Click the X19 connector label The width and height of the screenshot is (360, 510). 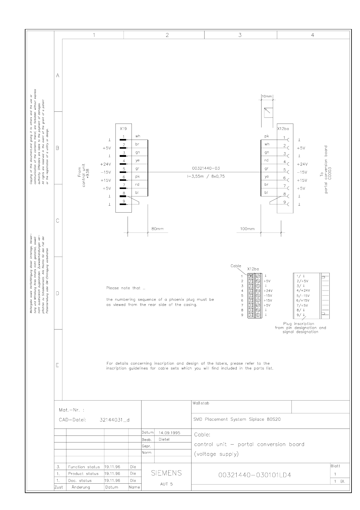point(123,128)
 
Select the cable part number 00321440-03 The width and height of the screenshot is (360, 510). point(206,168)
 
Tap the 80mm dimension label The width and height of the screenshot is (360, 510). point(158,229)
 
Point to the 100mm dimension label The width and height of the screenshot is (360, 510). point(247,229)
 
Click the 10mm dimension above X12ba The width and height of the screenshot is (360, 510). point(267,96)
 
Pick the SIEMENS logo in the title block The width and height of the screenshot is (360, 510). point(166,473)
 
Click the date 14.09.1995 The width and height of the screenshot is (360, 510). point(169,433)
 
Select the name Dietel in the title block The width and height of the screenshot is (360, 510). point(164,439)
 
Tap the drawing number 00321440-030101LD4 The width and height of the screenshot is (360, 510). point(255,475)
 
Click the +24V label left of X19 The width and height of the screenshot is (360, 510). point(106,164)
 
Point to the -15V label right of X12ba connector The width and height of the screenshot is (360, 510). point(302,172)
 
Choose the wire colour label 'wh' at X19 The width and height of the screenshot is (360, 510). point(138,136)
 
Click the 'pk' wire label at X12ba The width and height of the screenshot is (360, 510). point(267,136)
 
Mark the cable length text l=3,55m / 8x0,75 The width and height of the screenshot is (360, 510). point(206,176)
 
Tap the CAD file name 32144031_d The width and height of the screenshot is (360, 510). point(115,420)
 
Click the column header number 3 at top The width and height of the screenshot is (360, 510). point(240,35)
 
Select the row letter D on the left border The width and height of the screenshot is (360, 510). point(58,293)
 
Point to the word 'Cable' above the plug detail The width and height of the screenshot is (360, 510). point(236,266)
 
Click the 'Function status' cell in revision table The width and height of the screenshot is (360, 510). point(84,467)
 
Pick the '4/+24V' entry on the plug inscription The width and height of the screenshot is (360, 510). point(303,290)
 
